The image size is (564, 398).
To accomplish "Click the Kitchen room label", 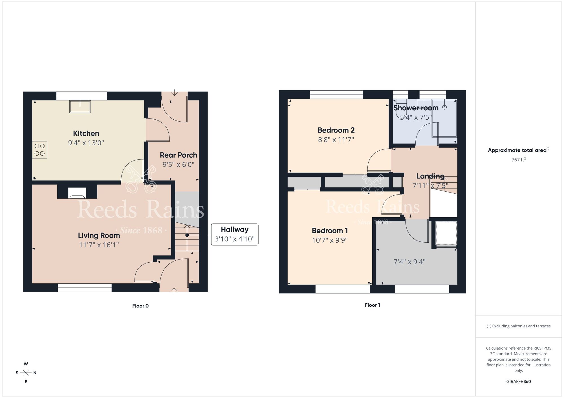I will (86, 133).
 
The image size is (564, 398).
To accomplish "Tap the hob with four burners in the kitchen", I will (39, 149).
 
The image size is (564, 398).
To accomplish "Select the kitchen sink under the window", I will (80, 107).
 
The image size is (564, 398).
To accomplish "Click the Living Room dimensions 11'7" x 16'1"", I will (99, 245).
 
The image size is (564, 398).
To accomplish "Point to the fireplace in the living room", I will (77, 193).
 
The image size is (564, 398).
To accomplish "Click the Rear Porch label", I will (178, 155).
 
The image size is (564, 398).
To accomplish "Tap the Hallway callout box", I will (235, 234).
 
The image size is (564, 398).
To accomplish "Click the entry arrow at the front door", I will (174, 291).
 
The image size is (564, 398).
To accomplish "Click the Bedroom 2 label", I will (336, 130).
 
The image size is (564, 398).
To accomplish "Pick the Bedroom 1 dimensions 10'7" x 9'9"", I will (330, 240).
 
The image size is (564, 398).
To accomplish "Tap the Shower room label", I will (416, 108).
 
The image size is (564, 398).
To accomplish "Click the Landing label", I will (430, 176).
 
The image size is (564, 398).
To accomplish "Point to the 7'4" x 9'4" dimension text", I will (409, 262).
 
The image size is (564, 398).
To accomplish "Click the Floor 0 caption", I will (140, 306).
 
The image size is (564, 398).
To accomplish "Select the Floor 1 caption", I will (372, 305).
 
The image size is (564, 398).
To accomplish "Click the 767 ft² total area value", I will (518, 160).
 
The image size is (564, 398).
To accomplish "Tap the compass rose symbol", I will (26, 373).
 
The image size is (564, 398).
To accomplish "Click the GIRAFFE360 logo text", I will (518, 381).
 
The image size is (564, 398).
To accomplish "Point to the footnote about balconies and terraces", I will (518, 326).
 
